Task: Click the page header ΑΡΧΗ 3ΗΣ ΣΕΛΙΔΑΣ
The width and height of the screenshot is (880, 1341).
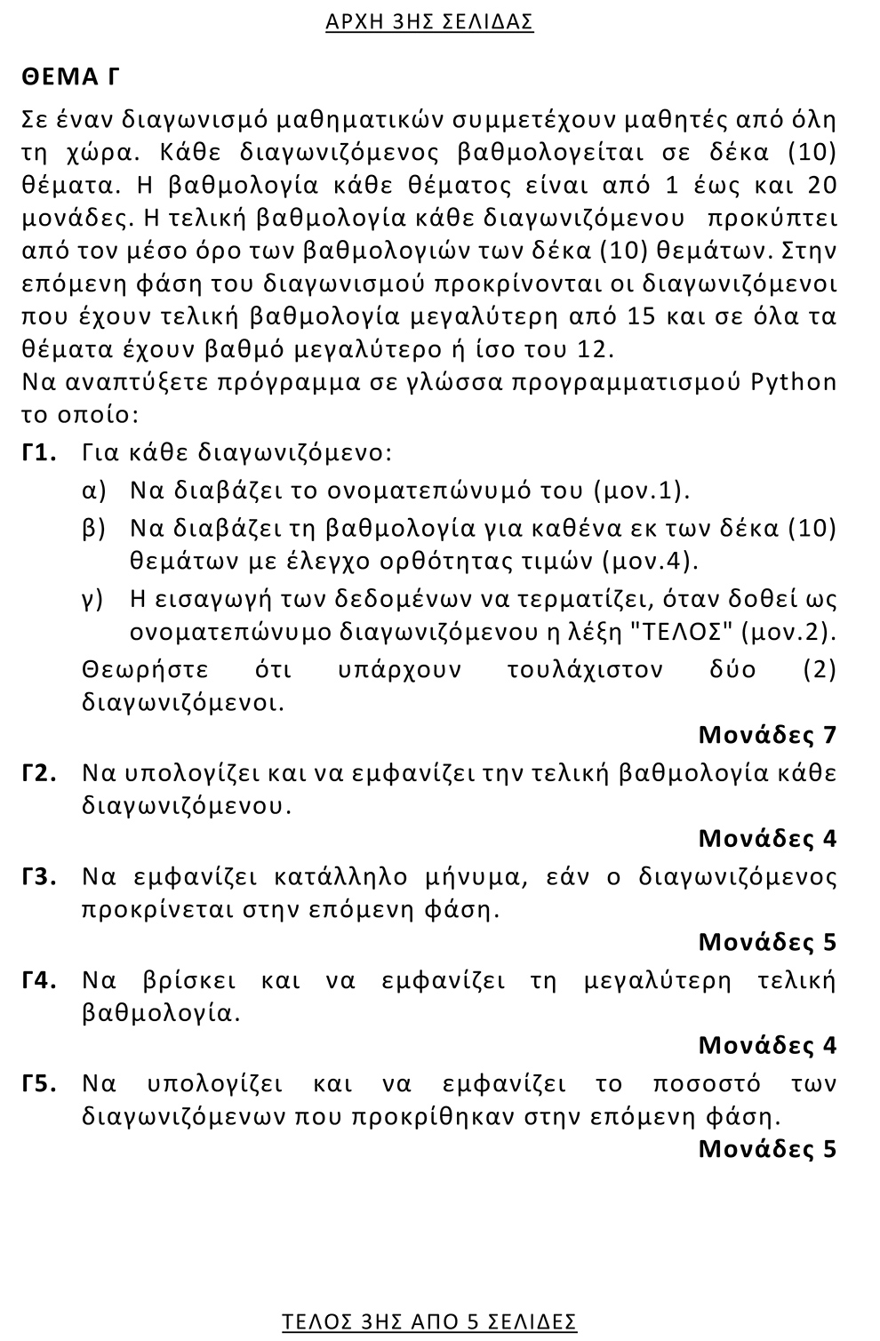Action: pyautogui.click(x=429, y=22)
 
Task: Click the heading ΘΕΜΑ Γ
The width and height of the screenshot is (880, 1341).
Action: pyautogui.click(x=70, y=77)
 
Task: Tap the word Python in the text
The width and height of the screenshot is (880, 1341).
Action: pyautogui.click(x=794, y=382)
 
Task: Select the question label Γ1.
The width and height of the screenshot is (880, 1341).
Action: pyautogui.click(x=40, y=452)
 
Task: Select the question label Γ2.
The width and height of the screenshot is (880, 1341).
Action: pyautogui.click(x=40, y=772)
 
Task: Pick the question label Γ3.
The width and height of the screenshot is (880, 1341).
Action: pyautogui.click(x=40, y=876)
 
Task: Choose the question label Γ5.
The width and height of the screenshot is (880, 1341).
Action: pyautogui.click(x=40, y=1083)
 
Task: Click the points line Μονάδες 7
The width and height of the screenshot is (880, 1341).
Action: pyautogui.click(x=767, y=735)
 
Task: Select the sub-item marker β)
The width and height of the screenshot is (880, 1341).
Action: pyautogui.click(x=94, y=528)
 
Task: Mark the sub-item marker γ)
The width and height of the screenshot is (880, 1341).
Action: pyautogui.click(x=93, y=598)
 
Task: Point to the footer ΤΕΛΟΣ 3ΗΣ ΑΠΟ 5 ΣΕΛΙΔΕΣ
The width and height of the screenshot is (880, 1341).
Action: pyautogui.click(x=429, y=1321)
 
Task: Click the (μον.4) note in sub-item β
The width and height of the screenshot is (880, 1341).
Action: pyautogui.click(x=650, y=561)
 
